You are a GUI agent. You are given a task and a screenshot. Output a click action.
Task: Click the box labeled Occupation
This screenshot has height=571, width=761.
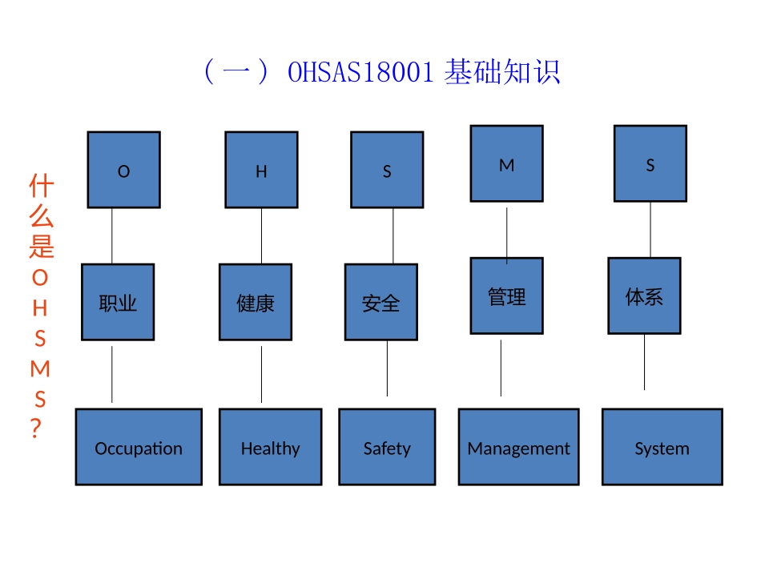point(139,447)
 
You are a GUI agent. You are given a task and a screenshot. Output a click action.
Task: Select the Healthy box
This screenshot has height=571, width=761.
point(270,447)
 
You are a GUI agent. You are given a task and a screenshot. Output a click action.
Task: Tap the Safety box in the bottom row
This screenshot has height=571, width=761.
point(387,447)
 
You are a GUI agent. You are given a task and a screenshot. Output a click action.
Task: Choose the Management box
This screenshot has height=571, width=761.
point(518,447)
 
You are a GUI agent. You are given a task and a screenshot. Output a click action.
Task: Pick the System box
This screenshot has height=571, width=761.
point(662,447)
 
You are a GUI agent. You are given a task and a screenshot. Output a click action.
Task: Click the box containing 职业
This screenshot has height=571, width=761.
point(118,302)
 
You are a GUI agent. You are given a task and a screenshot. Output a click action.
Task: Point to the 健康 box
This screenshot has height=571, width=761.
point(256,302)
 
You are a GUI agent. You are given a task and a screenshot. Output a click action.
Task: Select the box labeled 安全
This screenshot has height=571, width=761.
point(380,302)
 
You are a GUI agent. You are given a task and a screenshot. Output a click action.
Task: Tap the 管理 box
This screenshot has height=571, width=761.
point(506,296)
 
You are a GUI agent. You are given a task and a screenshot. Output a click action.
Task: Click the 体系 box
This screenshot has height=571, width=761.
point(644,296)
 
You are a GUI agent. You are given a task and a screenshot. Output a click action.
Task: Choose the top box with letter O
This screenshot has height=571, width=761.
point(123,170)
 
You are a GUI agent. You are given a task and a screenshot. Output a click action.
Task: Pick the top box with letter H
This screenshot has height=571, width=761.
point(261,170)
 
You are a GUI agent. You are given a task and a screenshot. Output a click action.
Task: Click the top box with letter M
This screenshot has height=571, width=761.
point(506,163)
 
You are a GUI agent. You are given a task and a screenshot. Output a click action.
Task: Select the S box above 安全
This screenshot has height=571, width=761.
point(387,170)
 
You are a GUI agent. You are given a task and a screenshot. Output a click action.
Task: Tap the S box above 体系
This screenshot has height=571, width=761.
point(650,163)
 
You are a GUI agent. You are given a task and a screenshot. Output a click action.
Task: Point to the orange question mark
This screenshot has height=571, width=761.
point(35,429)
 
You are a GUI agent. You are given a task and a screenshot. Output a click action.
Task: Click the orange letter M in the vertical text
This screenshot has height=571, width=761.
point(40,368)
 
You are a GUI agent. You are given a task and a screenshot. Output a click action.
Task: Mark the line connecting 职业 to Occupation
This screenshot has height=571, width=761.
point(112,374)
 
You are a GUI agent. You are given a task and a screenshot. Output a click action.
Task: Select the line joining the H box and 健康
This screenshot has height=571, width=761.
point(261,236)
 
